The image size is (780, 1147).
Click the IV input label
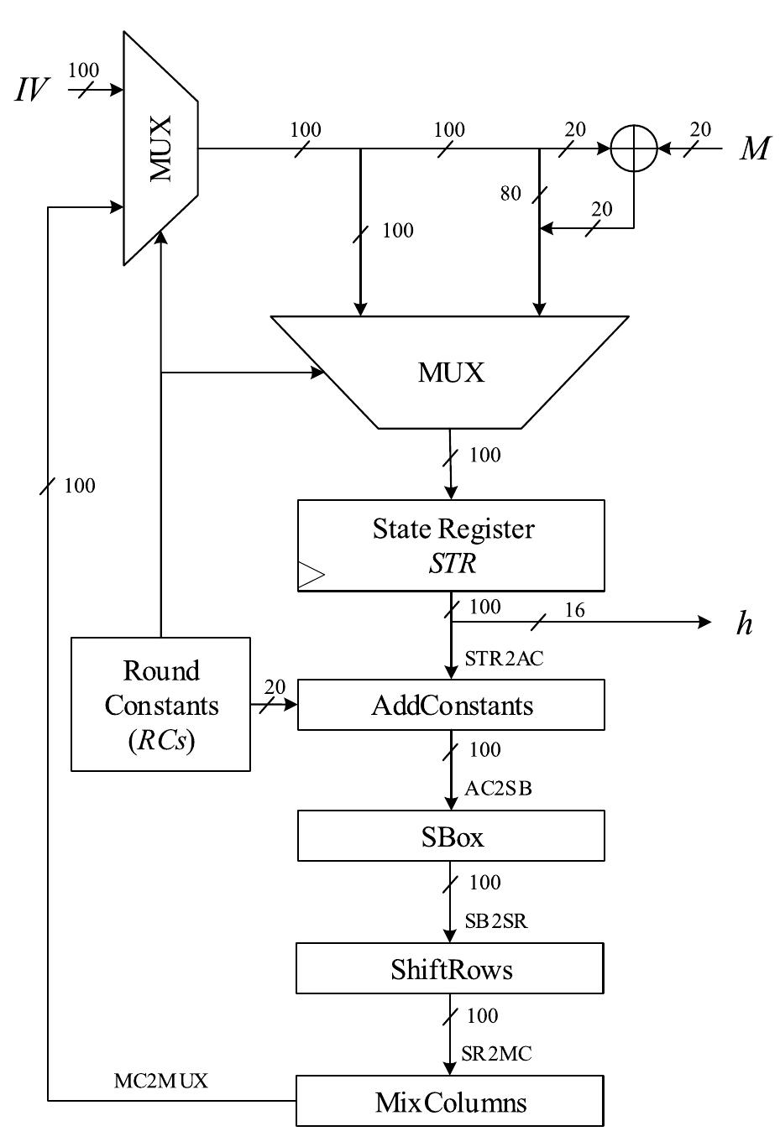point(31,89)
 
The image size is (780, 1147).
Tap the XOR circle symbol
point(633,149)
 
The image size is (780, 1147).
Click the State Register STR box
point(451,545)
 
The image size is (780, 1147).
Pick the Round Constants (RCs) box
point(160,704)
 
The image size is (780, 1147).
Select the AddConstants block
point(451,705)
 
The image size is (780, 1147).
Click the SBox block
point(451,836)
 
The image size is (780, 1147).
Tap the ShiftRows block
point(450,969)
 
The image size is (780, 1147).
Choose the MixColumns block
point(450,1102)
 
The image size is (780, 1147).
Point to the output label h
point(744,623)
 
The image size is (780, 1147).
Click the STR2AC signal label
point(504,660)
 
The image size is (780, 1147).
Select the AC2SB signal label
point(498,790)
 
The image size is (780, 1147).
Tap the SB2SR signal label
point(496,921)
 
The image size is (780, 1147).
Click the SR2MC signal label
point(496,1054)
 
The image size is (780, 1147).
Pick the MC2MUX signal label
point(160,1082)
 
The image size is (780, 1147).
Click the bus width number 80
point(510,194)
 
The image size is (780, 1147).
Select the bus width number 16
point(574,610)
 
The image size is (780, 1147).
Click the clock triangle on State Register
point(310,575)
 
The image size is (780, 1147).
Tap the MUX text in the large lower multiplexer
point(451,373)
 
